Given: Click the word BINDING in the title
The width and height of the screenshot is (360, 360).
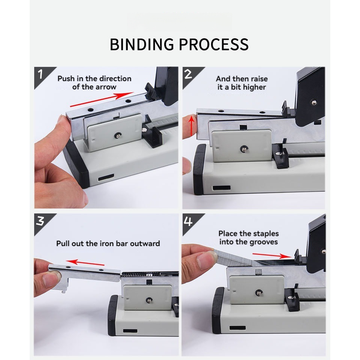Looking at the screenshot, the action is click(142, 44).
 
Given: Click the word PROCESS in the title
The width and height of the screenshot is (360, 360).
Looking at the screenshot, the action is click(214, 44).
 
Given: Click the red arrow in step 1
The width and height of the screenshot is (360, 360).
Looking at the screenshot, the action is click(102, 100).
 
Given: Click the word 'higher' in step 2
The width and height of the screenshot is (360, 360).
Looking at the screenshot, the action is click(254, 88).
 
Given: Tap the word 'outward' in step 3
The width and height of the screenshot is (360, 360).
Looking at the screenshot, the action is click(145, 244).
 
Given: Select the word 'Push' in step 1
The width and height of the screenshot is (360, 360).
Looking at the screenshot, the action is click(66, 79).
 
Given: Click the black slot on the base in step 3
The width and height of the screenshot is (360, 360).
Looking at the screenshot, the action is click(130, 331).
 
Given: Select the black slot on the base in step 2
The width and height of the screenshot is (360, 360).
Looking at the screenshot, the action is click(222, 188).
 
